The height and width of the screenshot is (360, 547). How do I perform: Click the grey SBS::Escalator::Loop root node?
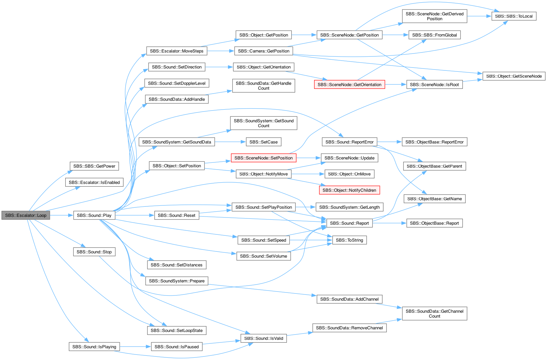point(26,216)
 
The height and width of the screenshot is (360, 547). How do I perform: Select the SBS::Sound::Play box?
point(94,216)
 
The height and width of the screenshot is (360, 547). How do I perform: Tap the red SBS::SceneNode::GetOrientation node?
point(349,85)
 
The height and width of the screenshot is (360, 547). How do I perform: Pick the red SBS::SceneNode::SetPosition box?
point(264,158)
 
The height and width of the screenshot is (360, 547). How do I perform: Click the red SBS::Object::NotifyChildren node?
point(349,190)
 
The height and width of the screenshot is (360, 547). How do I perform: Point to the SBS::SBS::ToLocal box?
point(514,16)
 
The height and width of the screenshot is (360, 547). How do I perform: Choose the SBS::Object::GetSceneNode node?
point(514,76)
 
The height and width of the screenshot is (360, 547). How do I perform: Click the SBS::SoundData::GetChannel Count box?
point(434,314)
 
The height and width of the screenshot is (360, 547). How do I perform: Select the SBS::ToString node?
point(349,240)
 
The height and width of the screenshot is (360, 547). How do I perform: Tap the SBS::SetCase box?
point(264,142)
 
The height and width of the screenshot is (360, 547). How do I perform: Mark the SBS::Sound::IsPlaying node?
point(94,347)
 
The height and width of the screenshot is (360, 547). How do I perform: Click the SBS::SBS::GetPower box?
point(94,166)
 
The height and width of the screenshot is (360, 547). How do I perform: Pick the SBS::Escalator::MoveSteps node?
point(176,51)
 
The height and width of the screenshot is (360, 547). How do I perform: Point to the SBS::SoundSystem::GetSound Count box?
point(264,123)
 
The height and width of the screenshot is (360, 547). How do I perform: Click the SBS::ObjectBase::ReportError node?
point(434,142)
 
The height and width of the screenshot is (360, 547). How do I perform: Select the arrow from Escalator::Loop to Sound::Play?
point(62,215)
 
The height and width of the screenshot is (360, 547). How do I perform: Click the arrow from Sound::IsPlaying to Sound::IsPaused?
point(135,347)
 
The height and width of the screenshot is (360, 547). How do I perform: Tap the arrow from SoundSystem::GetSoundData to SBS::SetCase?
point(230,142)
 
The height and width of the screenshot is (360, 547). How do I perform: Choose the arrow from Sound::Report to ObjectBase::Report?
point(389,223)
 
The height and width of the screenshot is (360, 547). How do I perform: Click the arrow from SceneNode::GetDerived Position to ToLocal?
point(479,16)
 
